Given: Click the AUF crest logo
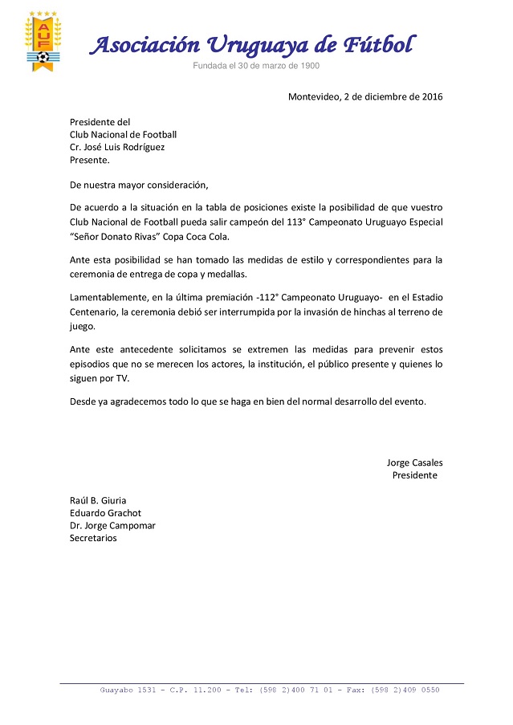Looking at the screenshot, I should pyautogui.click(x=40, y=42).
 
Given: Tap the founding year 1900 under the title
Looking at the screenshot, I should pyautogui.click(x=308, y=66).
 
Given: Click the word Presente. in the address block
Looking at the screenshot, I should pyautogui.click(x=89, y=160).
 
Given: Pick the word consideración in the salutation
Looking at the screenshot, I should pyautogui.click(x=174, y=185).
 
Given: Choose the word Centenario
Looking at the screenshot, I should pyautogui.click(x=96, y=312).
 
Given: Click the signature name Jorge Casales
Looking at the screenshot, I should pyautogui.click(x=414, y=462).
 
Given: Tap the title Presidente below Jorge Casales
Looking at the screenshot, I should pyautogui.click(x=414, y=475).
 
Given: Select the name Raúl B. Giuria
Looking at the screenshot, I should pyautogui.click(x=98, y=500).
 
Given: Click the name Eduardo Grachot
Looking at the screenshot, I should pyautogui.click(x=105, y=513).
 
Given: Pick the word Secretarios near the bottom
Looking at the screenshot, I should pyautogui.click(x=93, y=538).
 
